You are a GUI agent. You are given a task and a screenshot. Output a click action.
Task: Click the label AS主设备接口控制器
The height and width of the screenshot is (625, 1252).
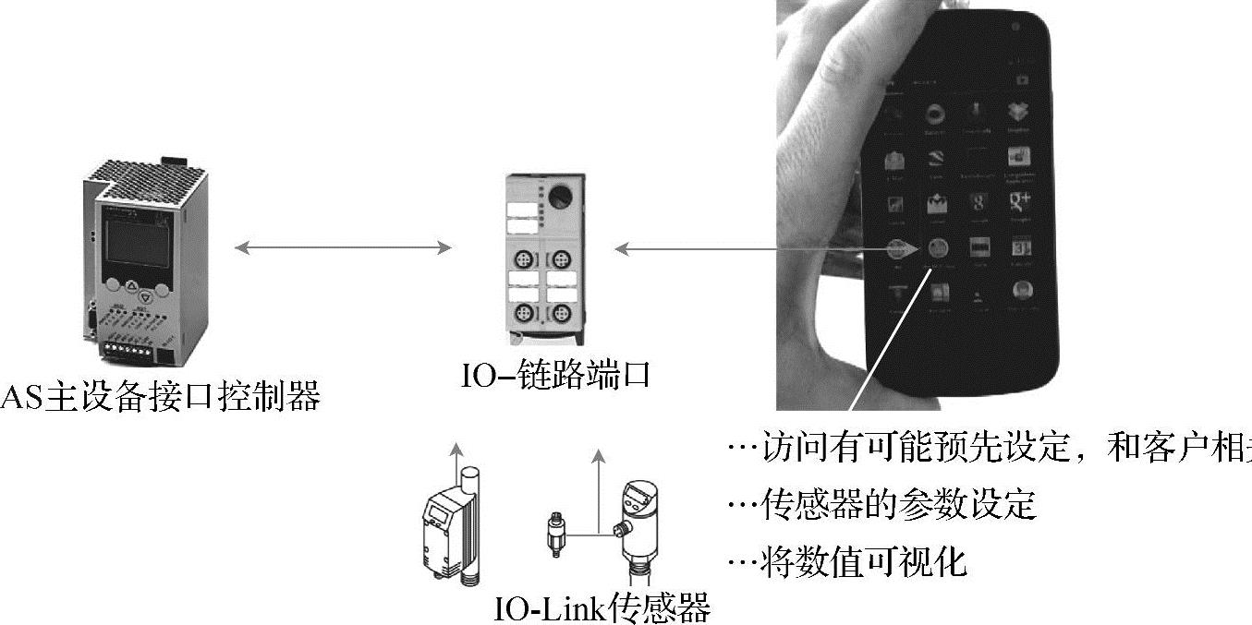click(x=161, y=397)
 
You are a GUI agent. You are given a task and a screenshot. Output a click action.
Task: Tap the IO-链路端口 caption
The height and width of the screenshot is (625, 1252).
click(x=555, y=376)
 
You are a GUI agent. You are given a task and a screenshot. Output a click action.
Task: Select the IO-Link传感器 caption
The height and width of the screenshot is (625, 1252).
click(x=602, y=608)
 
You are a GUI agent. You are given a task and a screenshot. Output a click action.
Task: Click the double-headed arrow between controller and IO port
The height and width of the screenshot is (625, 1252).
click(x=343, y=247)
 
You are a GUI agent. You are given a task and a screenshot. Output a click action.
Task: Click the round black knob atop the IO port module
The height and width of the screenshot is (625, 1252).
click(x=561, y=196)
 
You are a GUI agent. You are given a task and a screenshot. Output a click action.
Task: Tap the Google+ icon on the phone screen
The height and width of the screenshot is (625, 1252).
click(x=1020, y=202)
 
